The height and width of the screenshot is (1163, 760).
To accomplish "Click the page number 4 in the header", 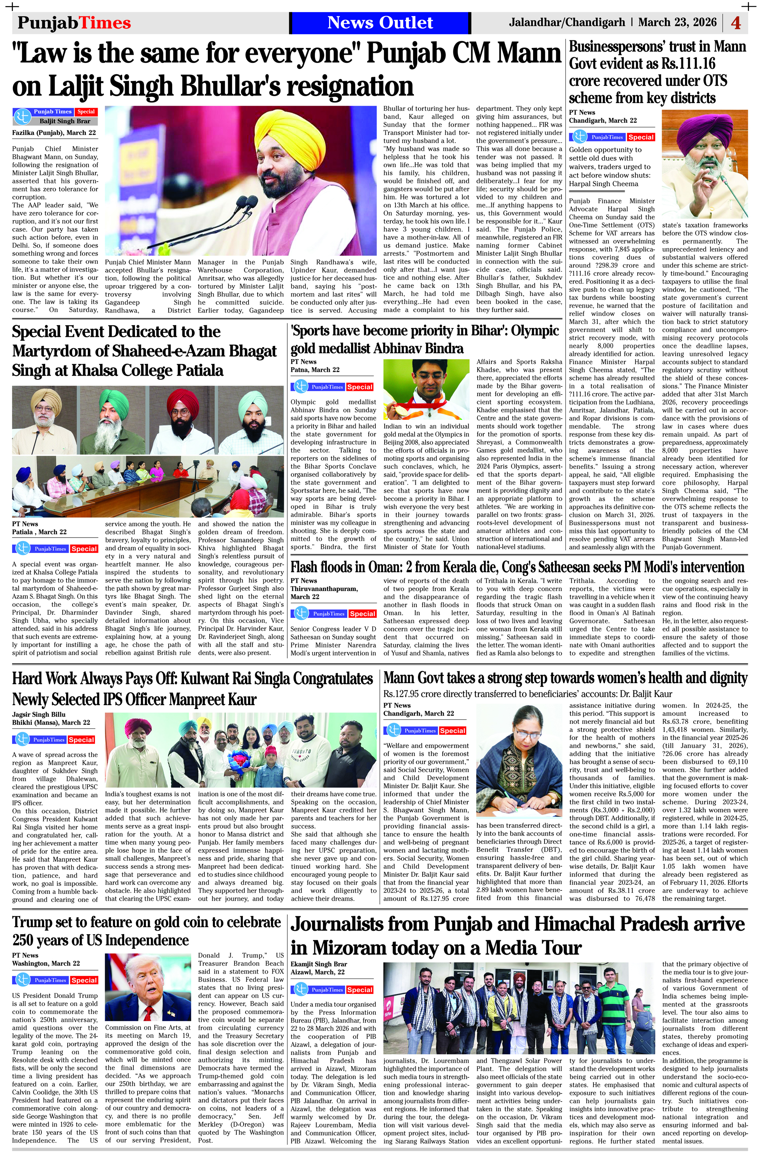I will (736, 23).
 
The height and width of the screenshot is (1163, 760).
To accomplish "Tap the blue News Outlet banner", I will (380, 22).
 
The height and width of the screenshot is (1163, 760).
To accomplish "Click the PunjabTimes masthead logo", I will (74, 22).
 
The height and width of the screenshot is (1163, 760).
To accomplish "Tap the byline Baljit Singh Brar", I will (65, 121).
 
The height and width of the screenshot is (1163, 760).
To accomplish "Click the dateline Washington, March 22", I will (46, 963).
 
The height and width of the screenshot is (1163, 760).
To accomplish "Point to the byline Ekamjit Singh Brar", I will (318, 964).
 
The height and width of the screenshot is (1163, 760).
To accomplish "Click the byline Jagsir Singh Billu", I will (39, 714).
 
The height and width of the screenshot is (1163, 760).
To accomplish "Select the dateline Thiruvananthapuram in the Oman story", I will (324, 589).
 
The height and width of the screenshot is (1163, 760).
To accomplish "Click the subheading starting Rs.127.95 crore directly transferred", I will (527, 694).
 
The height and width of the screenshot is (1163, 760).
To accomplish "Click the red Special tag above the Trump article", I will (84, 980).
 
